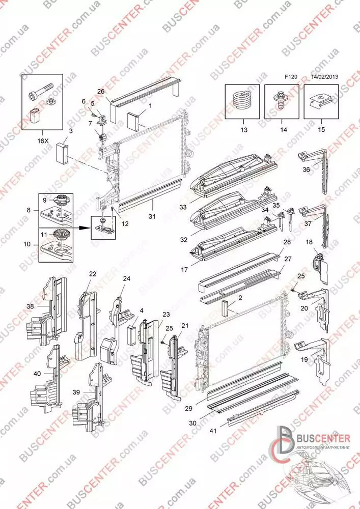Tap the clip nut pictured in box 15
point(319,100)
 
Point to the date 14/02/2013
point(325,77)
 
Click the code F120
point(291,77)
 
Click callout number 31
point(152,216)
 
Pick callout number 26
point(101,92)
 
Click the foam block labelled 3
point(62,152)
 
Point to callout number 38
point(30,305)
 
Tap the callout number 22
point(93,274)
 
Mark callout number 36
point(307,169)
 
